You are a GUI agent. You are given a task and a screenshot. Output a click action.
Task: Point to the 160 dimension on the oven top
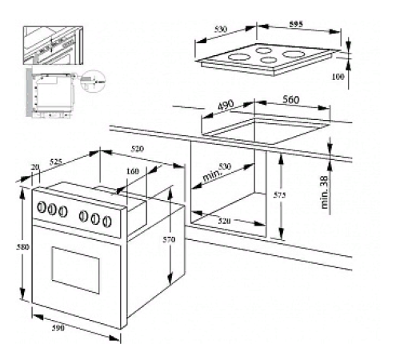(131, 171)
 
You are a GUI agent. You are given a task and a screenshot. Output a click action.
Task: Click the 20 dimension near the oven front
(34, 166)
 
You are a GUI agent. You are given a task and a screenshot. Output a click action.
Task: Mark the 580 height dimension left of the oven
(24, 247)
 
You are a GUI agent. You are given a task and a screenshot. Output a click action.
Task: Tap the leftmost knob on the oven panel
(41, 207)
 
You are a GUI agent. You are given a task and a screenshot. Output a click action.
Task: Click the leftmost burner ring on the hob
(237, 59)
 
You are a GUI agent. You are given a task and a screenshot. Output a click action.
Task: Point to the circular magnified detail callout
(95, 81)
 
